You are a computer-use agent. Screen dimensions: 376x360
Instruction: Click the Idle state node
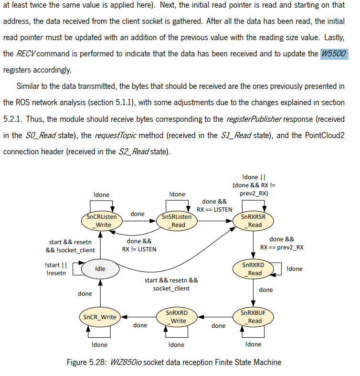(x=100, y=269)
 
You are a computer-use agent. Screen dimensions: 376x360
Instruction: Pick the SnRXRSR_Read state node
(x=253, y=221)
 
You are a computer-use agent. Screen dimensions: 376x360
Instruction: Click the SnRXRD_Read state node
(x=253, y=269)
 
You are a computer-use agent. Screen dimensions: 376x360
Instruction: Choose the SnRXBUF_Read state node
(x=253, y=317)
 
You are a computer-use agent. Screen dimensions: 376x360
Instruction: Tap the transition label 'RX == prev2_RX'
(x=282, y=247)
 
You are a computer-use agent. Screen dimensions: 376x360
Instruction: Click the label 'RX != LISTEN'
(x=139, y=249)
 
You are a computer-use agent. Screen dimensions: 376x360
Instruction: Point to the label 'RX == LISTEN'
(x=215, y=209)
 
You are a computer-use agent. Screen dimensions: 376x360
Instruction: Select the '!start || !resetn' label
(x=56, y=269)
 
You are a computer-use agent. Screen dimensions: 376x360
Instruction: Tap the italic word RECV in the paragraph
(x=26, y=54)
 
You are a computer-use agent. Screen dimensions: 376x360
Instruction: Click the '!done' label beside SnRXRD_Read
(x=295, y=269)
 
